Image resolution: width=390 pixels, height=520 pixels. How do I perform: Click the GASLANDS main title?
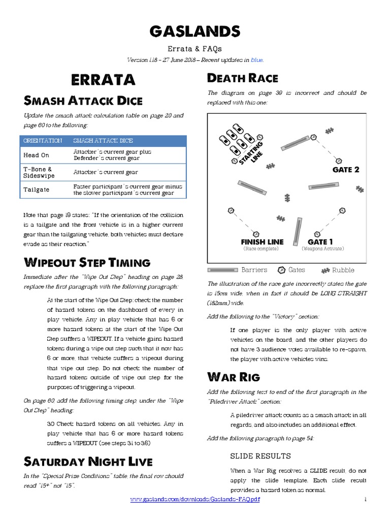tap(195, 31)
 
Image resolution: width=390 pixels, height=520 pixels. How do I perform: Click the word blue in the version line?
tap(257, 60)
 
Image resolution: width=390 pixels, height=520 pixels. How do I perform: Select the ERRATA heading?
tap(103, 80)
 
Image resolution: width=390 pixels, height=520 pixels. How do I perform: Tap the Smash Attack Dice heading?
tap(83, 100)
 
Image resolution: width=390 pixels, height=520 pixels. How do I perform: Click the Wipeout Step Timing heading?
tap(87, 263)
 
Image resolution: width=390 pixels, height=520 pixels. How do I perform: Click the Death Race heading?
tap(243, 78)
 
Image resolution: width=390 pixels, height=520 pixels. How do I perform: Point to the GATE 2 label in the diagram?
tap(346, 170)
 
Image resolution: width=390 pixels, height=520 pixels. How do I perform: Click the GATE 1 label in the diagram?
tap(320, 242)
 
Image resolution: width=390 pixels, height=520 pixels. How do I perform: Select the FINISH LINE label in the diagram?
tap(262, 242)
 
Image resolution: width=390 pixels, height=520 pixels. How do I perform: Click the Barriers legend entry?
tap(254, 270)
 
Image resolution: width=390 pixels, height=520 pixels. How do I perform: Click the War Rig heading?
tap(234, 377)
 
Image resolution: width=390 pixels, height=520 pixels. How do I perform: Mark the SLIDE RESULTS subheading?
tap(261, 456)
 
